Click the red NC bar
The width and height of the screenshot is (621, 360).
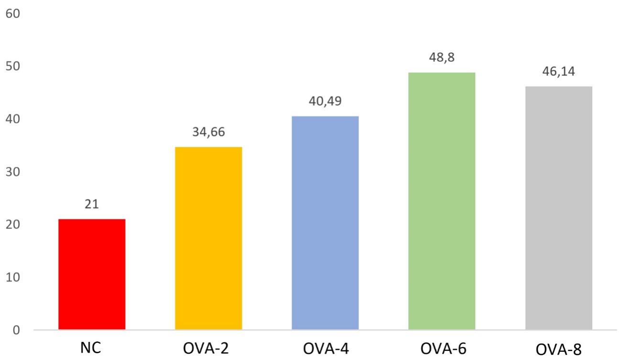[92, 274]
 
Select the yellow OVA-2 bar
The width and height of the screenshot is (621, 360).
[208, 238]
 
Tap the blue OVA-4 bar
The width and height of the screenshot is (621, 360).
[325, 223]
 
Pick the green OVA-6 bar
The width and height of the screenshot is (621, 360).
[442, 201]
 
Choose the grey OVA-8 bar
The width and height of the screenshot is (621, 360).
[558, 207]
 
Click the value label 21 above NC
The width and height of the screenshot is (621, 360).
[92, 205]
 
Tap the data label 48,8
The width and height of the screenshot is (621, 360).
[442, 58]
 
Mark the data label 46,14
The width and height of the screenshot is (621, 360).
[558, 72]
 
